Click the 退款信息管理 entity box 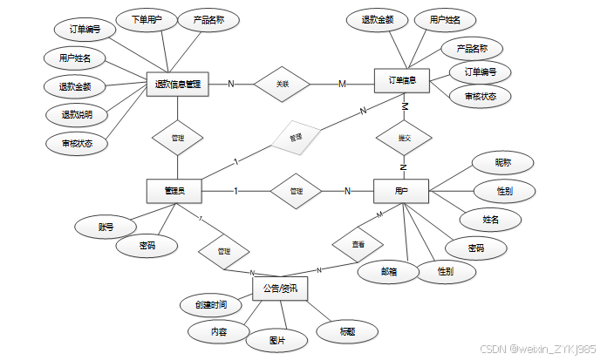[177, 84]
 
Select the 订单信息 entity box [401, 81]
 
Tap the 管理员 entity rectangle [174, 191]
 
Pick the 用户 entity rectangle [401, 191]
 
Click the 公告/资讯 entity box [280, 288]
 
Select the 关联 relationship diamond [282, 84]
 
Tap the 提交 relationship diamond [404, 138]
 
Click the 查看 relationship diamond [358, 245]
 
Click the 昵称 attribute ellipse [503, 162]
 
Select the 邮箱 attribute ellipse [389, 271]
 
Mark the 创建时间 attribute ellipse [210, 305]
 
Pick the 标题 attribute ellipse [346, 330]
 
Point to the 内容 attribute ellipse [218, 331]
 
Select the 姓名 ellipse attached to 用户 [490, 219]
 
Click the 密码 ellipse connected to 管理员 [147, 247]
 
